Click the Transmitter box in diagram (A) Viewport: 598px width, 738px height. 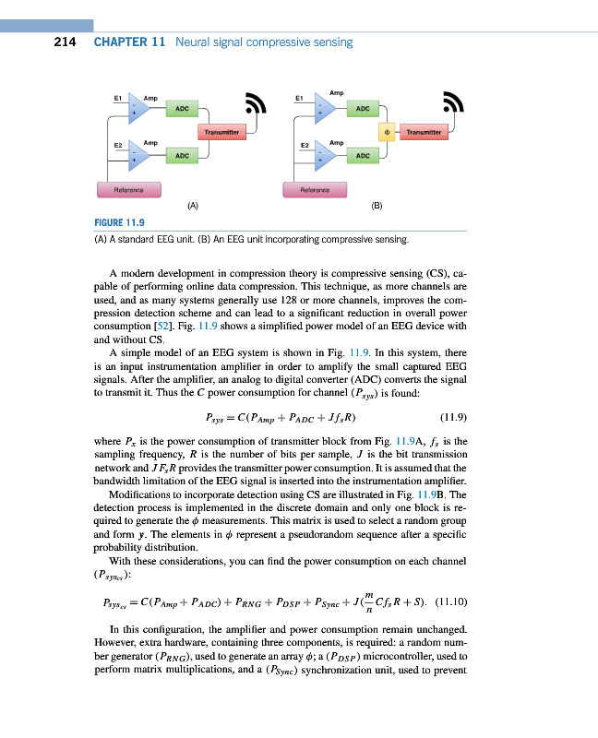pyautogui.click(x=221, y=133)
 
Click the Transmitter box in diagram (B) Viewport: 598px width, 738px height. pyautogui.click(x=425, y=133)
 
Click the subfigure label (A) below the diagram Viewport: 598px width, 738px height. pyautogui.click(x=192, y=207)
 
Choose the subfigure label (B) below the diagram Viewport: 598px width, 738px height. pyautogui.click(x=377, y=207)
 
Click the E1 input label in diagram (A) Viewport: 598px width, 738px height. pyautogui.click(x=118, y=96)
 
